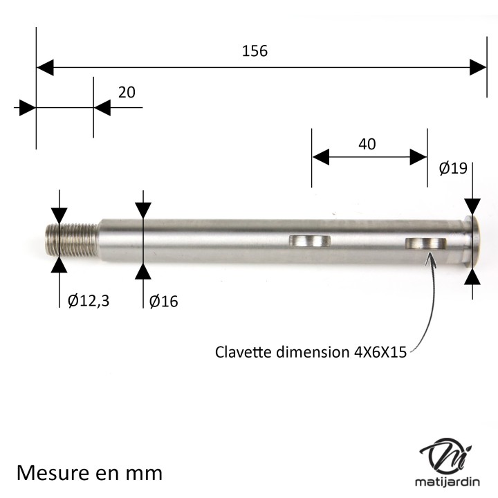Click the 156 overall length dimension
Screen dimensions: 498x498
(255, 50)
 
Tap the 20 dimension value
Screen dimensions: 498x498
(127, 92)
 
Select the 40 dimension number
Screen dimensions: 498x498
(367, 144)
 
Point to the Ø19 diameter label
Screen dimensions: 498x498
(454, 168)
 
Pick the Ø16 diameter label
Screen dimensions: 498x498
(163, 301)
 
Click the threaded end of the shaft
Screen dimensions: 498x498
(72, 239)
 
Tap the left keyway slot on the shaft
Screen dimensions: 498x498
(309, 241)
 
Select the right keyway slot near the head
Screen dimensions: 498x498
(426, 243)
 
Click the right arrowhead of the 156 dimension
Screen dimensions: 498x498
(478, 67)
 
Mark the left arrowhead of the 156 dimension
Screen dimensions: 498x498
(45, 67)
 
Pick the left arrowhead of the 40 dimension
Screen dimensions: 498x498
(321, 157)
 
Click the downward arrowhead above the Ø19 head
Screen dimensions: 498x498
(472, 206)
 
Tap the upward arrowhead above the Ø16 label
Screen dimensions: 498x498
(143, 270)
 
